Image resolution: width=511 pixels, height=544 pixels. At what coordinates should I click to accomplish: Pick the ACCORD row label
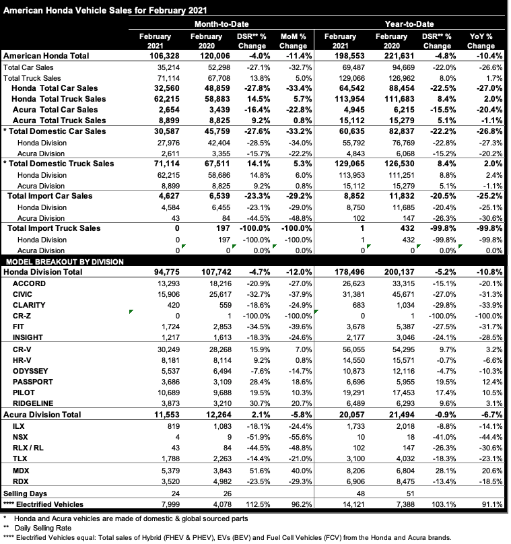30,283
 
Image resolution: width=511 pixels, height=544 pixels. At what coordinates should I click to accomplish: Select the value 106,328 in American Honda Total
156,56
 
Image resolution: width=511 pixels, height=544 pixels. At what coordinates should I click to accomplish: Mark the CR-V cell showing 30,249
158,349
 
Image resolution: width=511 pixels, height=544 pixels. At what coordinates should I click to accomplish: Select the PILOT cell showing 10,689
158,392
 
